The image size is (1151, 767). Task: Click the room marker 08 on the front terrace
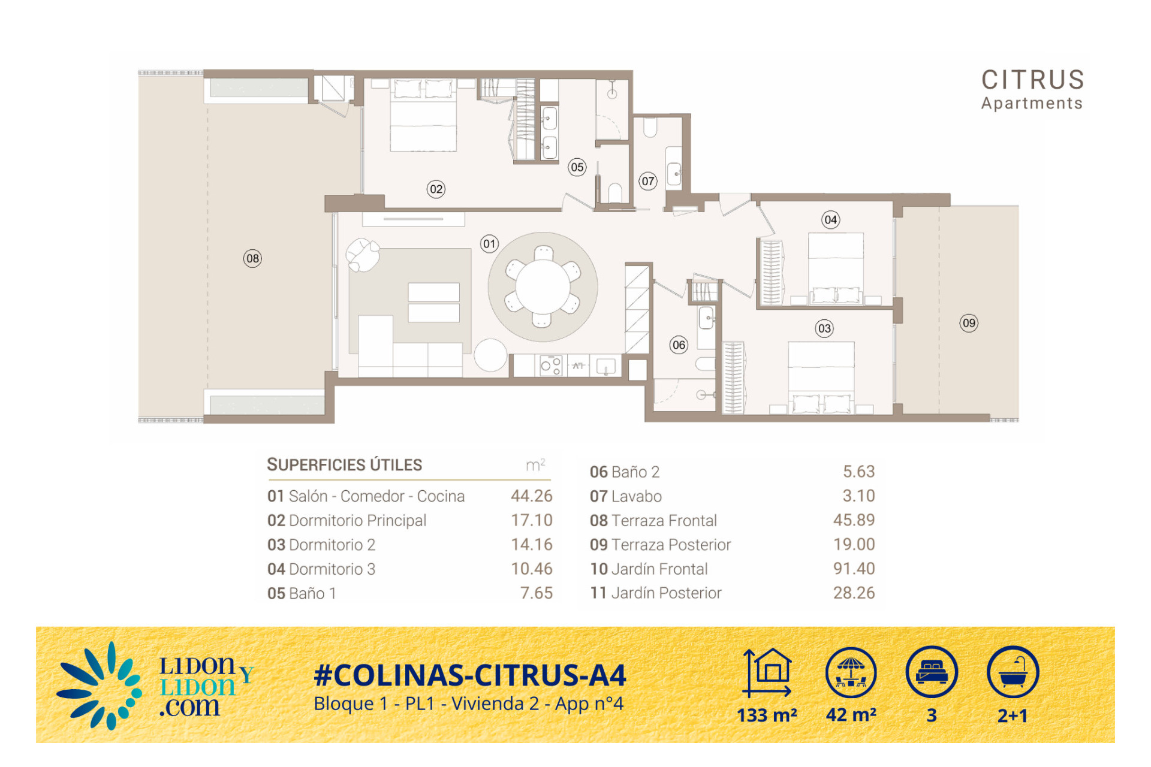pyautogui.click(x=252, y=259)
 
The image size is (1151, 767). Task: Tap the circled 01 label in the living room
pyautogui.click(x=489, y=244)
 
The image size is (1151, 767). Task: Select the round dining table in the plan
pyautogui.click(x=543, y=287)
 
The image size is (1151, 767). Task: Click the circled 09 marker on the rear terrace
pyautogui.click(x=969, y=324)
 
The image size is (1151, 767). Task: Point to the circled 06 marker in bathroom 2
pyautogui.click(x=679, y=345)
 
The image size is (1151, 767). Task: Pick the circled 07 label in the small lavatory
pyautogui.click(x=648, y=182)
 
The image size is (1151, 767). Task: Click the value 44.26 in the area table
pyautogui.click(x=531, y=496)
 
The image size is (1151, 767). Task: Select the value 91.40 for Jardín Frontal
pyautogui.click(x=854, y=569)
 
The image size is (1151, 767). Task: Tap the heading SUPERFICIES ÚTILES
pyautogui.click(x=345, y=465)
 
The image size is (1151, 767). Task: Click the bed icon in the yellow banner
pyautogui.click(x=932, y=672)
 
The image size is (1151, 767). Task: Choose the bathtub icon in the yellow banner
pyautogui.click(x=1013, y=672)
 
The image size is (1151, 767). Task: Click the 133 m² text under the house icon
pyautogui.click(x=767, y=715)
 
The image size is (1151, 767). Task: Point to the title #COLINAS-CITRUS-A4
pyautogui.click(x=470, y=675)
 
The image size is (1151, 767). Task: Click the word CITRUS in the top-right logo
pyautogui.click(x=1032, y=80)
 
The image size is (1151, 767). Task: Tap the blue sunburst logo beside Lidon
pyautogui.click(x=99, y=686)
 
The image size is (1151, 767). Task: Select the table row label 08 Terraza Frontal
pyautogui.click(x=653, y=521)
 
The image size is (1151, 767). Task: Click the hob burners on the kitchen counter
pyautogui.click(x=551, y=366)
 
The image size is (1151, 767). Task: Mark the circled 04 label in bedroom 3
pyautogui.click(x=830, y=220)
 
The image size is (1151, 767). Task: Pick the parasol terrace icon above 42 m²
pyautogui.click(x=851, y=672)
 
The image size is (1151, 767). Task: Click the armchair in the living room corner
pyautogui.click(x=363, y=255)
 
